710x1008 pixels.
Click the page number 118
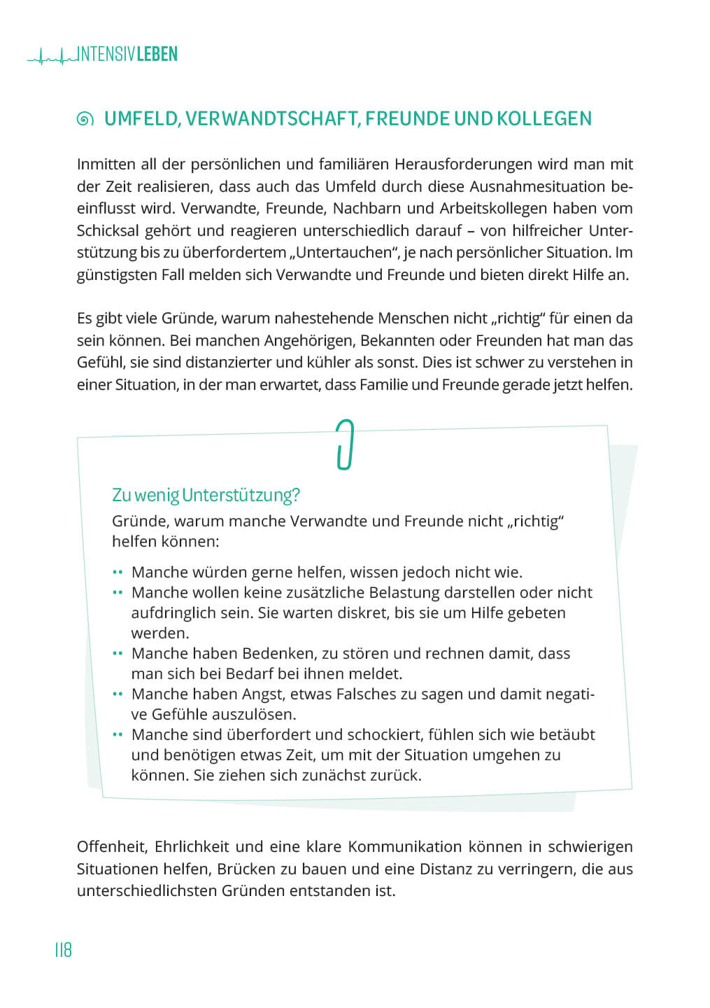click(x=63, y=950)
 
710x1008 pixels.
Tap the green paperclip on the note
click(x=344, y=444)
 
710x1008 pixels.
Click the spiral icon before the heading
click(x=85, y=120)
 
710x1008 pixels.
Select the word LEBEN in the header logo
click(x=157, y=55)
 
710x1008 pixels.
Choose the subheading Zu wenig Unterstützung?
click(x=206, y=495)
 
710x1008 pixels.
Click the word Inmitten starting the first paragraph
click(x=106, y=164)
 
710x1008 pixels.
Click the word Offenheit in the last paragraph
click(x=112, y=847)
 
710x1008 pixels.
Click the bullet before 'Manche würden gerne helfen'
click(x=118, y=573)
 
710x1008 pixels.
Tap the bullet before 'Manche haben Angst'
click(x=118, y=694)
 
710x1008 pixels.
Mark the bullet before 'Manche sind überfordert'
click(x=118, y=735)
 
